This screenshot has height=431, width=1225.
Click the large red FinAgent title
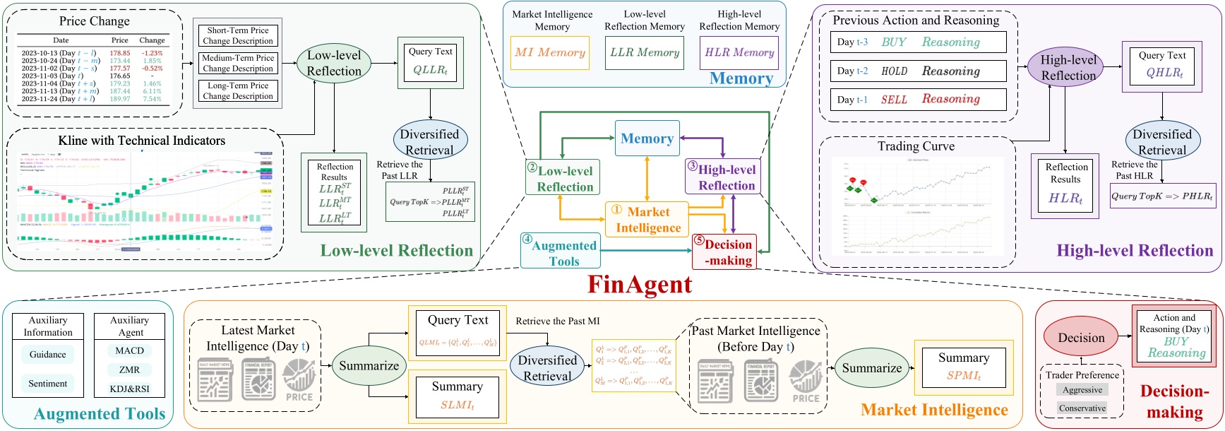click(640, 285)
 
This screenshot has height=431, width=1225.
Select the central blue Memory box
click(647, 138)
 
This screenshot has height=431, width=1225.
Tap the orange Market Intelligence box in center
click(647, 220)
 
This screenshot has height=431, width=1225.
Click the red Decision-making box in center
click(724, 252)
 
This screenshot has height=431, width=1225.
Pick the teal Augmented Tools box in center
click(561, 252)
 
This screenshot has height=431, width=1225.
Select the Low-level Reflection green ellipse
click(334, 63)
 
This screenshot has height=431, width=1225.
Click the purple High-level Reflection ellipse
click(1068, 67)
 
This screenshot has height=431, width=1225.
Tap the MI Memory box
click(549, 52)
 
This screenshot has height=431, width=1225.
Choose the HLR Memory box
click(739, 52)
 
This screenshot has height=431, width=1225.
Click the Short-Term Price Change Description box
click(237, 35)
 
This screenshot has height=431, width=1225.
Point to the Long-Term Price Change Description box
click(237, 90)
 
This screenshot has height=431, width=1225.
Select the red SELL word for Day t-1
click(894, 100)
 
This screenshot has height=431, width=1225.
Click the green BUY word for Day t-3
click(893, 42)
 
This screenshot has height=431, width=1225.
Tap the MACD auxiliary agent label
click(130, 350)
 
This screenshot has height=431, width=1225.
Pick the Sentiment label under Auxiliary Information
click(48, 384)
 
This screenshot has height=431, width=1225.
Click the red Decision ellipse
click(1081, 338)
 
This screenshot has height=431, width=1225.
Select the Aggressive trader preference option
click(1082, 390)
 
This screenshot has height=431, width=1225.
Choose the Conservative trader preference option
click(1082, 408)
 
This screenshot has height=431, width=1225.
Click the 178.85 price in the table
click(120, 53)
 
